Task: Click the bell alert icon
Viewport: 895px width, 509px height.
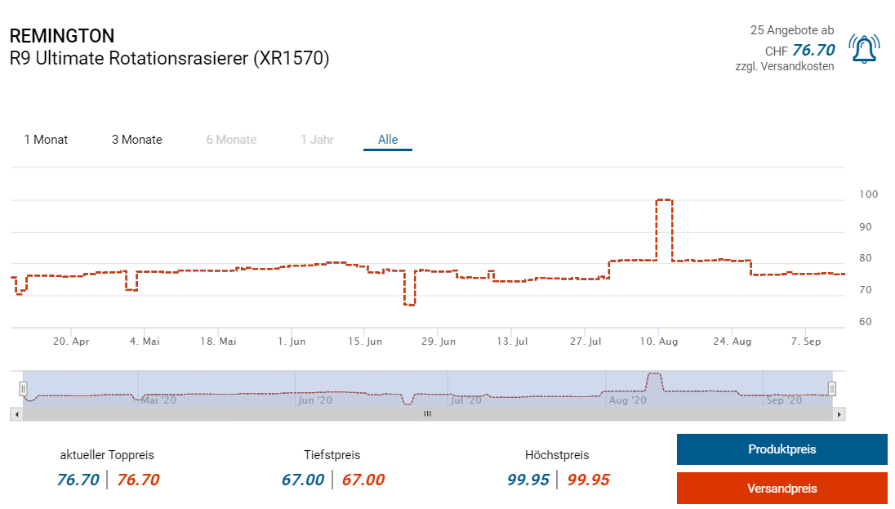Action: pyautogui.click(x=864, y=49)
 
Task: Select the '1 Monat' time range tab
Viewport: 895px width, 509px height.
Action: pyautogui.click(x=46, y=140)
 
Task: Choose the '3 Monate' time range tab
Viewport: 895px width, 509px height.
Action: pyautogui.click(x=137, y=140)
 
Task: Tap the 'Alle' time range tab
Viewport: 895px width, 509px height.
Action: pyautogui.click(x=388, y=140)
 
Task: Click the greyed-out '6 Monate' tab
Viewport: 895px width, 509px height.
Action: pyautogui.click(x=231, y=140)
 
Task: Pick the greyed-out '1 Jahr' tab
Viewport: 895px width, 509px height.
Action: pyautogui.click(x=317, y=140)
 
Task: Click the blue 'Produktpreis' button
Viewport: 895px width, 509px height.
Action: pyautogui.click(x=781, y=449)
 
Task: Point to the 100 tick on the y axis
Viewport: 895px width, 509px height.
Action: pyautogui.click(x=868, y=194)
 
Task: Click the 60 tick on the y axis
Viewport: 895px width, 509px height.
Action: pyautogui.click(x=866, y=322)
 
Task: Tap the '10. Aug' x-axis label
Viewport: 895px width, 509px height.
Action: pyautogui.click(x=659, y=342)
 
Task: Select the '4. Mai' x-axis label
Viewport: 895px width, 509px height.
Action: pyautogui.click(x=145, y=342)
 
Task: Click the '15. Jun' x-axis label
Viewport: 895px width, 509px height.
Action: pyautogui.click(x=364, y=342)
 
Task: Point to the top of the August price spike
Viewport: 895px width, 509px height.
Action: pyautogui.click(x=664, y=199)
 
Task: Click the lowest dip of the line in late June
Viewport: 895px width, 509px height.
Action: pyautogui.click(x=409, y=304)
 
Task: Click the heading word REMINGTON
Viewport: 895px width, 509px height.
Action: pyautogui.click(x=62, y=36)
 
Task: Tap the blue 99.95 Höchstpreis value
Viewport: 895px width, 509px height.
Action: pyautogui.click(x=528, y=480)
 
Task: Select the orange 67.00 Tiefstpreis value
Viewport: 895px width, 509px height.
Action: pyautogui.click(x=363, y=480)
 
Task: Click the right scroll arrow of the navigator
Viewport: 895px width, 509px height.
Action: pyautogui.click(x=839, y=414)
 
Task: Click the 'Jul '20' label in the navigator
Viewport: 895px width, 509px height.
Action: pyautogui.click(x=468, y=400)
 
